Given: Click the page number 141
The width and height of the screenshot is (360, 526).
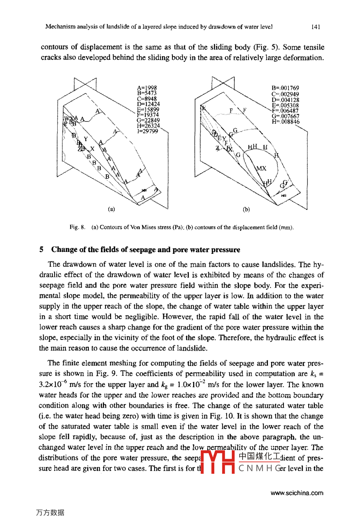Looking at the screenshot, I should click(x=315, y=27).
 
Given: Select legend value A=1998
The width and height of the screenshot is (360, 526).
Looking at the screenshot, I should click(x=147, y=88).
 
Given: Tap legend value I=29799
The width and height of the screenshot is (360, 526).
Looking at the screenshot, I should click(x=147, y=131).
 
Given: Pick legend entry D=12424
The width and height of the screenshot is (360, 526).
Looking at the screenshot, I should click(x=148, y=104).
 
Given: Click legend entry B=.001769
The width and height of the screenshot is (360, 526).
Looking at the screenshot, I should click(x=285, y=88).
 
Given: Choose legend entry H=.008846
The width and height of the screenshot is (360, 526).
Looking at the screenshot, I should click(x=286, y=122).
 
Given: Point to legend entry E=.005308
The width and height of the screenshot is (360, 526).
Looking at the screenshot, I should click(x=285, y=105).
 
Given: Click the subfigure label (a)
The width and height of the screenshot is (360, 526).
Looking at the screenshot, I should click(x=112, y=209).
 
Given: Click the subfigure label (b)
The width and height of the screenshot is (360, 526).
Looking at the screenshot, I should click(x=246, y=209).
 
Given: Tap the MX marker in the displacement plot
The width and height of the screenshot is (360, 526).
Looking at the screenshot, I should click(x=261, y=168).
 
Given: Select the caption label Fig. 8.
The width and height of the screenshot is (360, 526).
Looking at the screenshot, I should click(x=77, y=227).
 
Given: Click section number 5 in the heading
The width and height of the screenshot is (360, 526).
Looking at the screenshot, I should click(x=41, y=250).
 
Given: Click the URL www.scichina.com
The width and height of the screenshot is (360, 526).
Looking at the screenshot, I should click(x=297, y=493).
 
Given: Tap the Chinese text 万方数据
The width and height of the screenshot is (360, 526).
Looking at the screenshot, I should click(x=50, y=512).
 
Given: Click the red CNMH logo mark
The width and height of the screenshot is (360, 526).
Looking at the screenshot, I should click(x=217, y=461).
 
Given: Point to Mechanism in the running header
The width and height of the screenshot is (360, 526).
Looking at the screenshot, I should click(x=60, y=27).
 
